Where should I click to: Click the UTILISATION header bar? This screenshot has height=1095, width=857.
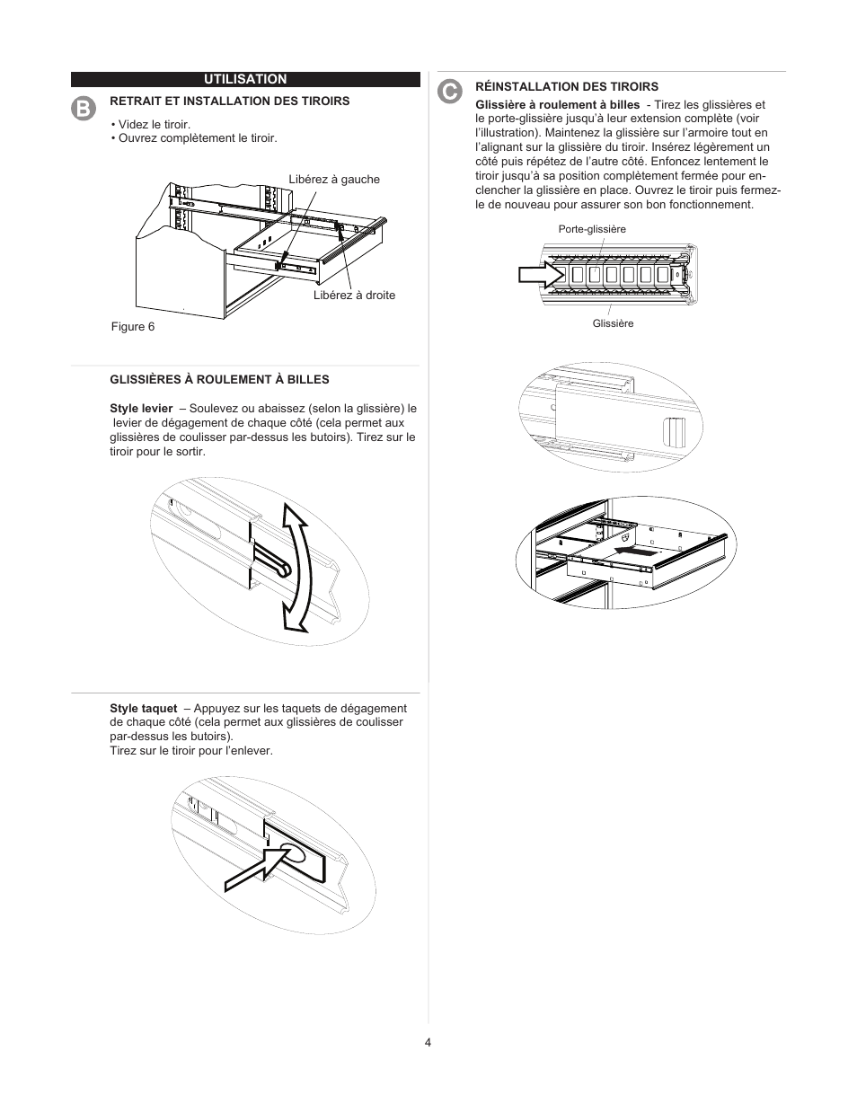245,80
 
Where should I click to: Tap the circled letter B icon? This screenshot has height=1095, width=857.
83,108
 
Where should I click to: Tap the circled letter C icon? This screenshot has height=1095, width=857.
449,91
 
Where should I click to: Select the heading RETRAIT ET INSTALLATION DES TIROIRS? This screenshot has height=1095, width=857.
229,102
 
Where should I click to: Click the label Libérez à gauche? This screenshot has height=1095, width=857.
334,180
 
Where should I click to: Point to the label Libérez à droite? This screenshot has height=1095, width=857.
354,296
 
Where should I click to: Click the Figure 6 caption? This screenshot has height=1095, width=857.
133,327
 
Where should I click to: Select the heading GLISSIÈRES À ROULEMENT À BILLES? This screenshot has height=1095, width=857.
219,379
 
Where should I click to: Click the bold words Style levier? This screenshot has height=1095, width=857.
141,409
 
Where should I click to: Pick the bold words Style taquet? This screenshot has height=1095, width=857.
144,709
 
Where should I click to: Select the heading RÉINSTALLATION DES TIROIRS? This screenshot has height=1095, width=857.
567,87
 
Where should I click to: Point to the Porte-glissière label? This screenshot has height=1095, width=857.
592,230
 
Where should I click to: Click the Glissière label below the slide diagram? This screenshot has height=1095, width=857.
613,323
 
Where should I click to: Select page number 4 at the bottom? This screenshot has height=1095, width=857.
428,1043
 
